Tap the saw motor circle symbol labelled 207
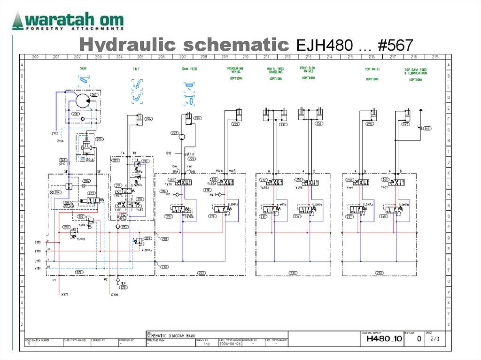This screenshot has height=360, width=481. pos(83,100)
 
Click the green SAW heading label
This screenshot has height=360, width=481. pos(83,68)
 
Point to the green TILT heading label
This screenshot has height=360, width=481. pos(136,69)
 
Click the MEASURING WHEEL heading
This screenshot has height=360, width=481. pos(235,70)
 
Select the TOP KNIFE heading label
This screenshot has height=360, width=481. pos(372,69)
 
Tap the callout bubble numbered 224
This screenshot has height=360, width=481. pos(148,119)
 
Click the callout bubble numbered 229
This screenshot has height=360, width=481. pos(235,124)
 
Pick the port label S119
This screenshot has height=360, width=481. pos(38,242)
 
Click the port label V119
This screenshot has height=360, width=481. pos(38,268)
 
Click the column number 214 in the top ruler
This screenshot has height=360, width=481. pos(330,57)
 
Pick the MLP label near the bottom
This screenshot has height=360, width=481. pos(123,283)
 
